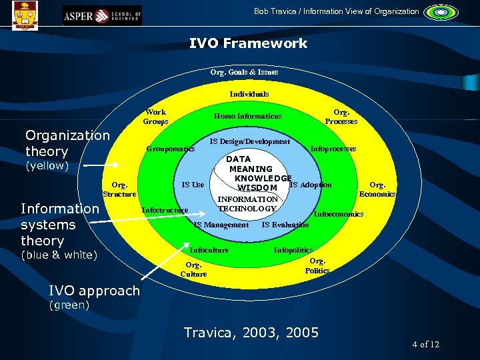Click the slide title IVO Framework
click(248, 43)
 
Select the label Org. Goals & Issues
click(244, 71)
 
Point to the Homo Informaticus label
click(247, 116)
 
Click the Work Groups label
click(155, 117)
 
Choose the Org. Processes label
click(341, 117)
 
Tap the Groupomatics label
click(171, 149)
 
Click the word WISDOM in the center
click(248, 188)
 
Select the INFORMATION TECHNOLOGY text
click(248, 204)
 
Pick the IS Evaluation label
click(285, 225)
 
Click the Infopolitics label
click(293, 250)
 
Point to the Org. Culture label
click(193, 269)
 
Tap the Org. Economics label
click(377, 189)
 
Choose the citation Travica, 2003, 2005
click(251, 332)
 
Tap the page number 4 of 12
click(425, 344)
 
